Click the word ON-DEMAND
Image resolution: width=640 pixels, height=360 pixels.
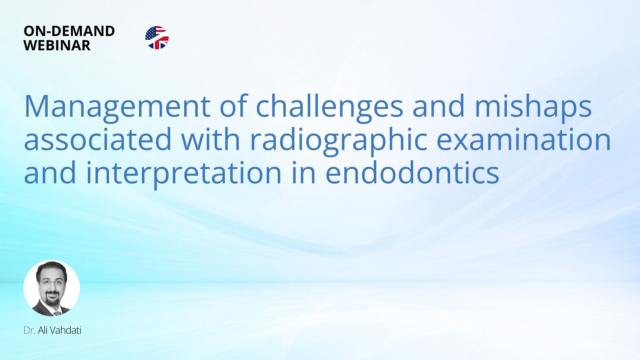click(69, 31)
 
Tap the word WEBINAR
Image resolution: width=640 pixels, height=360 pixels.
click(57, 45)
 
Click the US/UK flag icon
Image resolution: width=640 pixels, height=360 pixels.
click(157, 38)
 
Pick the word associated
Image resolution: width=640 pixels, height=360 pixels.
click(98, 140)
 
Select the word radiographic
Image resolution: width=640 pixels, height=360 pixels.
click(339, 141)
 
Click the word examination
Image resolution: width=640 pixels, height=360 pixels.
click(524, 140)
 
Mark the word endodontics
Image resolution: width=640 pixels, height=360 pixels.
click(412, 172)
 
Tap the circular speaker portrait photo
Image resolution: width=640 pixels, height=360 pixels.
click(52, 288)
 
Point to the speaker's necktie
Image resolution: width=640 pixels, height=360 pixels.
click(57, 313)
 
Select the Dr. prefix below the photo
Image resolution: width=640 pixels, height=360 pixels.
click(29, 330)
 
